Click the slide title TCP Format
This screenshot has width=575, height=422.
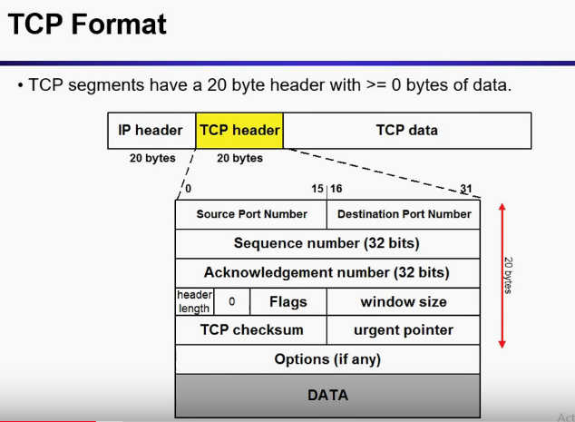tap(88, 25)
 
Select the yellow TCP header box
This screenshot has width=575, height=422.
tap(240, 130)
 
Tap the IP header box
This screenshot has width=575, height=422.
tap(151, 130)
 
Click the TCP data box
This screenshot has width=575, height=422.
tap(407, 130)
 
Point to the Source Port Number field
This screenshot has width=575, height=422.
tap(251, 214)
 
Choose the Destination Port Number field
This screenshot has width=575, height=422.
tap(404, 214)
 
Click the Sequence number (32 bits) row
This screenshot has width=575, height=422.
tap(326, 243)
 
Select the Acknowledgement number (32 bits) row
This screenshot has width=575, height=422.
tap(326, 272)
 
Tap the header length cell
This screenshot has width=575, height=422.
tap(194, 301)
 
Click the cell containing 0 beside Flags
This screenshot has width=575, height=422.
tap(232, 301)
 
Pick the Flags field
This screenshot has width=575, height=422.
tap(288, 301)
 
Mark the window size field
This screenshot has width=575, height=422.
tap(404, 301)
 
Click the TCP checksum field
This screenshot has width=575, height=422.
tap(251, 329)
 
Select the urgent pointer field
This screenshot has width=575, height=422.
tap(404, 329)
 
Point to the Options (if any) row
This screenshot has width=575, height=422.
tap(326, 358)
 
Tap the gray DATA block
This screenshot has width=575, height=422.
tap(326, 395)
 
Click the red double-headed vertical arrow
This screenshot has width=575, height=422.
tap(502, 274)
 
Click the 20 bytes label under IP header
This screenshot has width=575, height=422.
tap(151, 158)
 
